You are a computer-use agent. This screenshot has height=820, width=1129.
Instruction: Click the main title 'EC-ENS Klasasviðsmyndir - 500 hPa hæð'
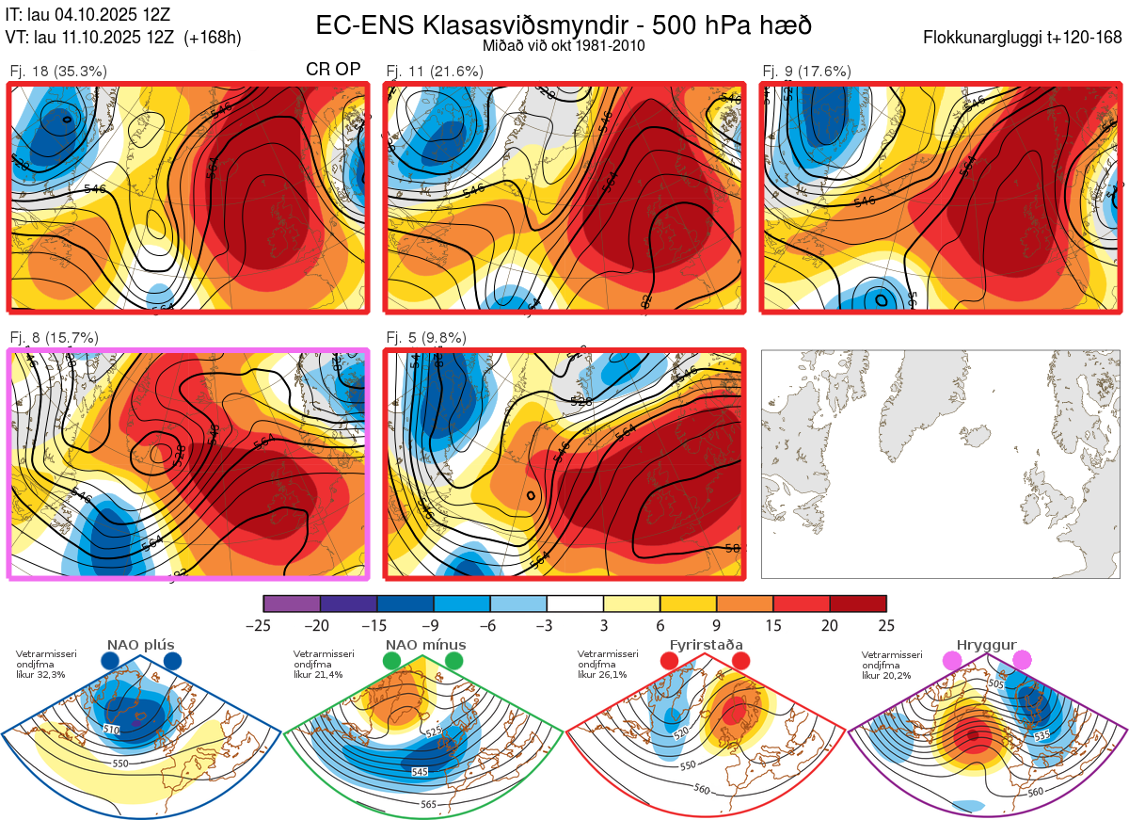564,25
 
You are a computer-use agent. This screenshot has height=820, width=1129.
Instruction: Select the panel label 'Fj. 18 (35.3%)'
58,71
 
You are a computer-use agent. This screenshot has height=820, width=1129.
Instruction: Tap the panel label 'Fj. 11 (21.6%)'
436,71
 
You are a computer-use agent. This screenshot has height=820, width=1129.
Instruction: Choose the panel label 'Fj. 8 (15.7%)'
54,338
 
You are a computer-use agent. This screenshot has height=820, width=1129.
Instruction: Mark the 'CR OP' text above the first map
334,71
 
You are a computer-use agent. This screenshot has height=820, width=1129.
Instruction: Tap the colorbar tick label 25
885,625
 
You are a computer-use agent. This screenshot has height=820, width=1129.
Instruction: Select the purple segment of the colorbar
292,603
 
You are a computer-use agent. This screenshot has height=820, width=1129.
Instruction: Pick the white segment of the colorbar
575,603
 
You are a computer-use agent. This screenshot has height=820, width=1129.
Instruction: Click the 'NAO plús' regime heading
140,645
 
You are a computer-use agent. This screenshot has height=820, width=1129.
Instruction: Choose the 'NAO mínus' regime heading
425,645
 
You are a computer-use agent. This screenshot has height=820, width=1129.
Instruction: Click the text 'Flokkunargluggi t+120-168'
1023,39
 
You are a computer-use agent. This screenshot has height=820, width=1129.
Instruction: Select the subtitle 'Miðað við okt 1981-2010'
564,45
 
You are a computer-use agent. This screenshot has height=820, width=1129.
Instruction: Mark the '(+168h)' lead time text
214,39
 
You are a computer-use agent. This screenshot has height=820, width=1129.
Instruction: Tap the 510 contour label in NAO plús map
112,731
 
